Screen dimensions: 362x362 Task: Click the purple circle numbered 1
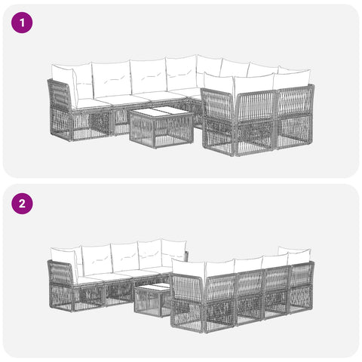point(22,23)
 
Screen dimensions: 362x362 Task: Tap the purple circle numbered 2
point(22,204)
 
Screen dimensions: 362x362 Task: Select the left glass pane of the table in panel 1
point(150,112)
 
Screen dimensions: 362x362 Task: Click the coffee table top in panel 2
point(153,288)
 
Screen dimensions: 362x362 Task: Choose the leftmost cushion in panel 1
point(63,81)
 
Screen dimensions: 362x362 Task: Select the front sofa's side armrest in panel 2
point(186,287)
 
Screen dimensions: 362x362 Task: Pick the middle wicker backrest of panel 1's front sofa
point(257,106)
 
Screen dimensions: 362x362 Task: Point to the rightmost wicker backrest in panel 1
point(296,100)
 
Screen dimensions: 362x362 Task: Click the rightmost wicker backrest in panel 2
point(302,273)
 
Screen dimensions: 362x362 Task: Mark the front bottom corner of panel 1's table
point(155,147)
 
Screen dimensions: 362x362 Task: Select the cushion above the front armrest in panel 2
point(188,268)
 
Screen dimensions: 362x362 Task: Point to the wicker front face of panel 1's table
point(142,131)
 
